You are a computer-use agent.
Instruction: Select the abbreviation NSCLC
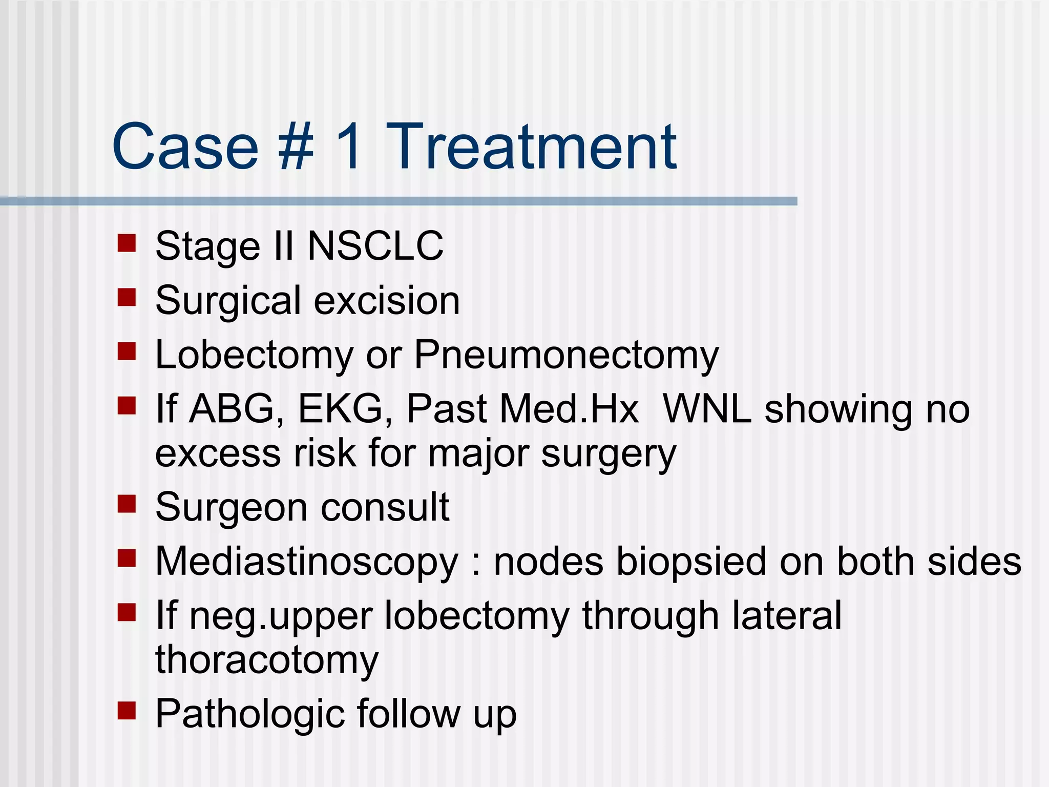pos(375,246)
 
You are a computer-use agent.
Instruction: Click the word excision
pos(387,301)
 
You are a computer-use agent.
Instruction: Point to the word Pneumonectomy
pos(566,356)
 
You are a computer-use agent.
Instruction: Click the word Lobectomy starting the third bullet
pos(254,356)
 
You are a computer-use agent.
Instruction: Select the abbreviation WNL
pos(707,409)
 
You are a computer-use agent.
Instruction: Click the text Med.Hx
pos(569,409)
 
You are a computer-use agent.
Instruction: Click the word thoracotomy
pos(267,660)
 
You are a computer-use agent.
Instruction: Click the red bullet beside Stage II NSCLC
pos(127,243)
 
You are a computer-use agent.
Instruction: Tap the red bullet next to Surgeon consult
pos(127,504)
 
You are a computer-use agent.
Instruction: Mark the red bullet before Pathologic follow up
pos(127,711)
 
